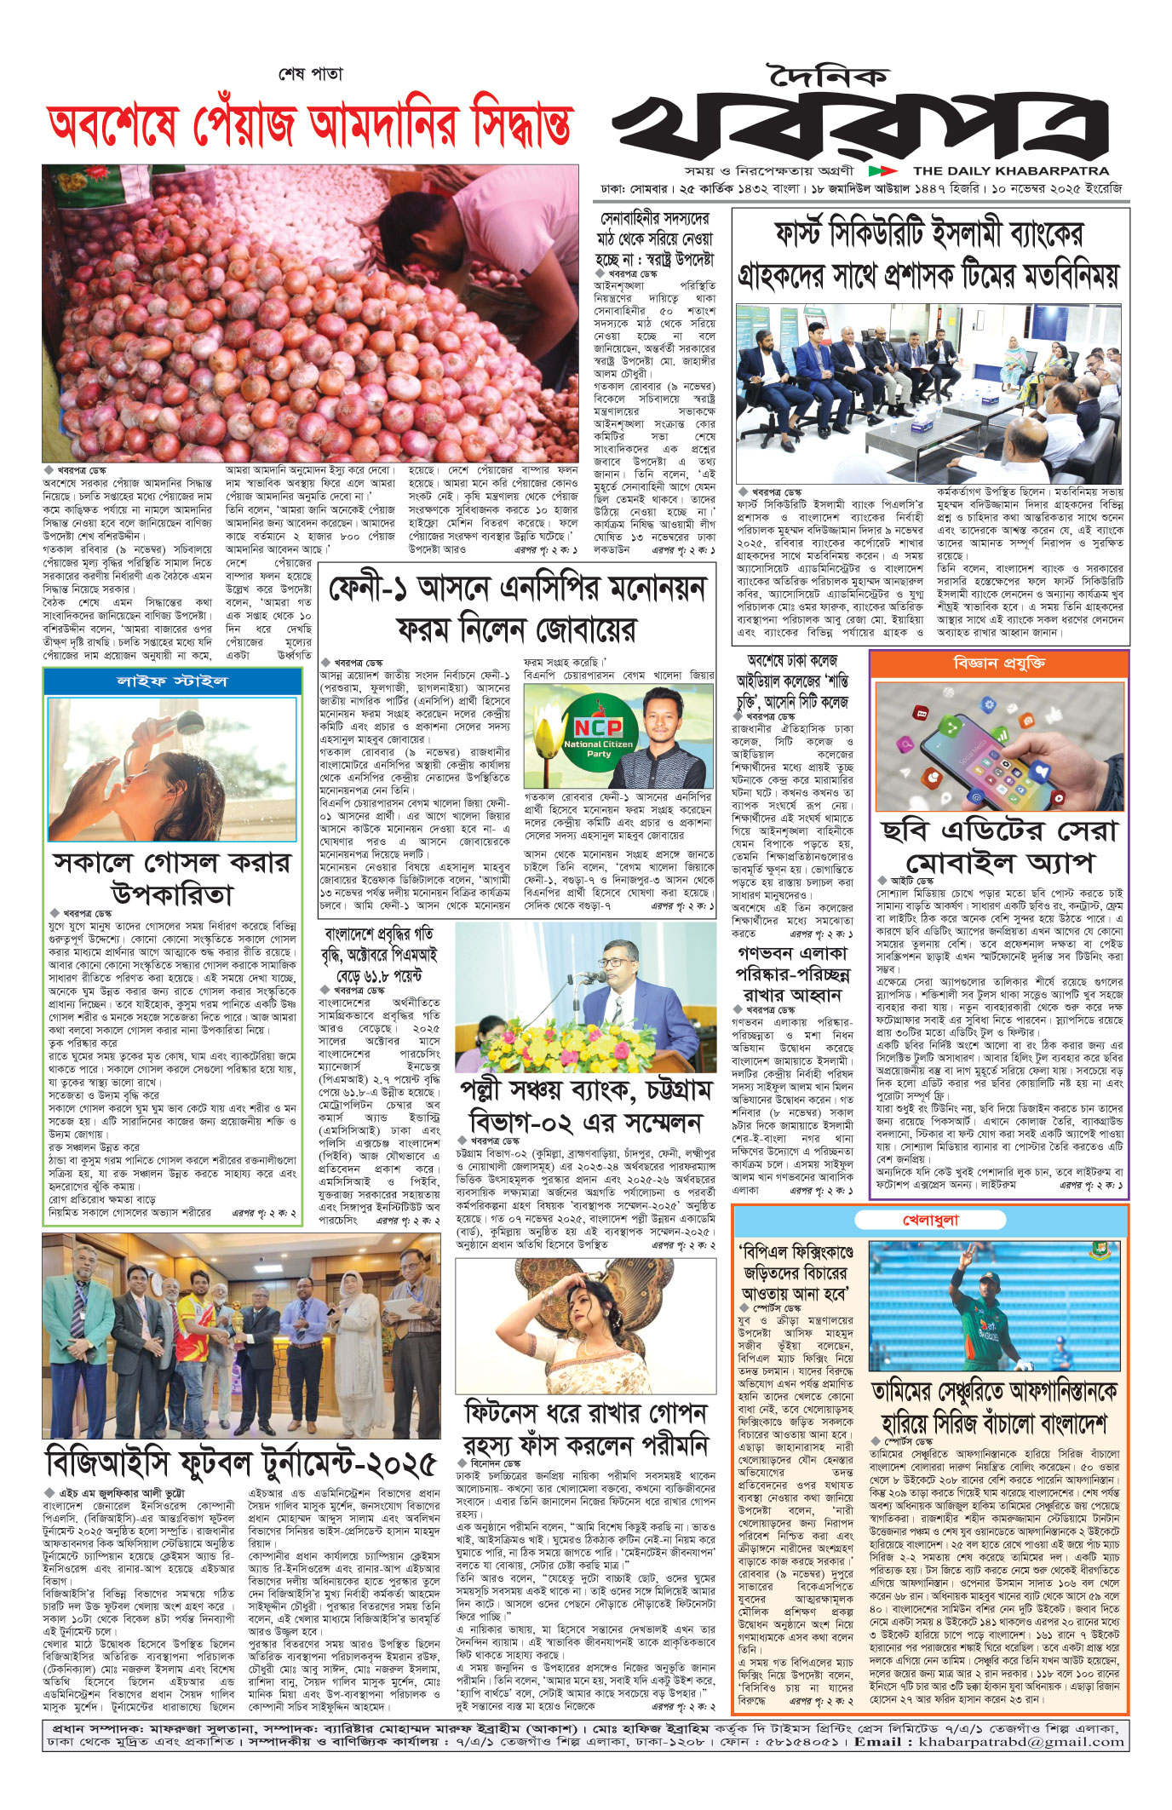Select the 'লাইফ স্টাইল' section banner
coord(172,681)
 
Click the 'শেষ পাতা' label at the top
coord(310,74)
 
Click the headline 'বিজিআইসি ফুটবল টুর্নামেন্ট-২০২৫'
coord(241,1462)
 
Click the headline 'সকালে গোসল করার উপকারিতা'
coord(171,877)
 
